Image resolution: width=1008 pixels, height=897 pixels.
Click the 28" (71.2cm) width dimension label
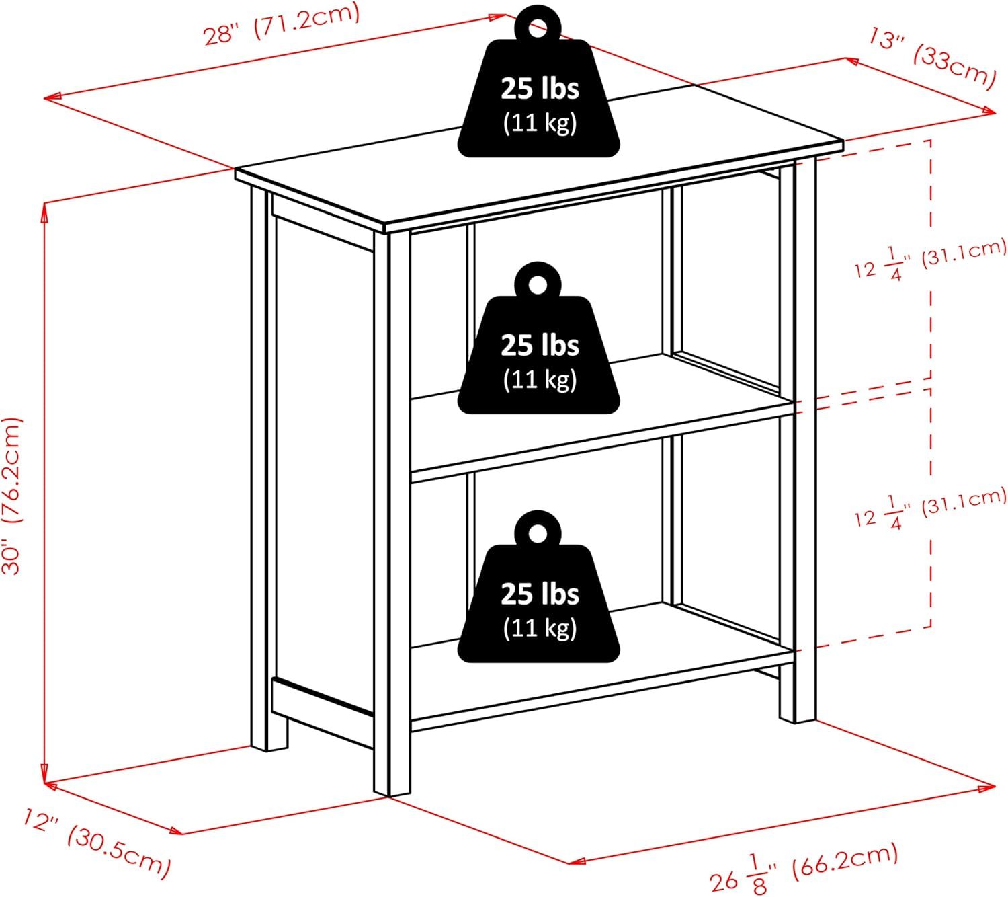click(x=282, y=24)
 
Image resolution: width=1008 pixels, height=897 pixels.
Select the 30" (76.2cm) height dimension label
click(x=12, y=496)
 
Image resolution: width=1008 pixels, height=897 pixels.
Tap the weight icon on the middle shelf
click(x=538, y=338)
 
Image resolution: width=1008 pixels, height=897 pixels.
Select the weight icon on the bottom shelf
click(x=538, y=587)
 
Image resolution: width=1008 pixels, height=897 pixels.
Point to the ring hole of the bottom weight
click(x=538, y=534)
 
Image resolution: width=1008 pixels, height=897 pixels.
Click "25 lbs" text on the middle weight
click(x=540, y=345)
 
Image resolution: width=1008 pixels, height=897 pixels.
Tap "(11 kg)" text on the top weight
click(x=540, y=122)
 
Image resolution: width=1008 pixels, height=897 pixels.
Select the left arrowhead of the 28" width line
click(x=52, y=97)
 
